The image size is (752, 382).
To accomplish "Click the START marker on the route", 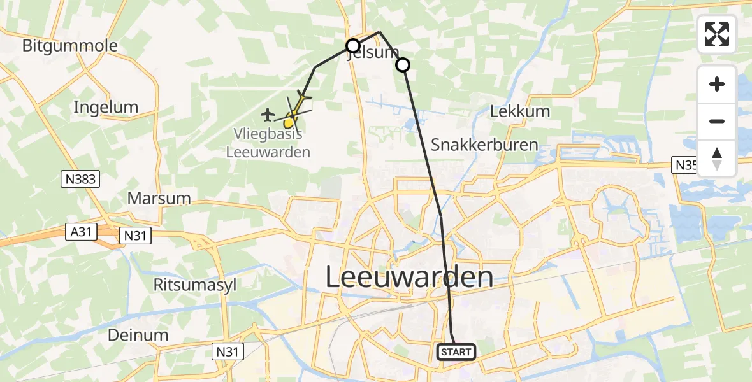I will (456, 351).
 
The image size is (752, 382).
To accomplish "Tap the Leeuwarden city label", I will (410, 277).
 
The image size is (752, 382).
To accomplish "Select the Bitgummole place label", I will (70, 46).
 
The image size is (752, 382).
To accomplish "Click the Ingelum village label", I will (106, 106).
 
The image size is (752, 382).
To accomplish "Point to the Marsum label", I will (159, 198).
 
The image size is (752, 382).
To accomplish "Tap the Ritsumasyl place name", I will (195, 284).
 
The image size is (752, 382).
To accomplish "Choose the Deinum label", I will (138, 335).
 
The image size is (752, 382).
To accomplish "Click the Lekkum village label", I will (520, 111).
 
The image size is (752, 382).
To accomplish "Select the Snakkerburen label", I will (484, 145).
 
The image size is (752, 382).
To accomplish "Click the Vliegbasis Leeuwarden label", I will (268, 143).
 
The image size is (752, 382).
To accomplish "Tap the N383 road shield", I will (81, 180).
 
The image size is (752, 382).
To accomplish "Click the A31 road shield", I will (81, 233).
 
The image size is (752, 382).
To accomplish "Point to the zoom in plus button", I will (717, 84).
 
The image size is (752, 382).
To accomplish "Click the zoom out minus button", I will (717, 121).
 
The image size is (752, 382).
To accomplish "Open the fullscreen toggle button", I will (717, 34).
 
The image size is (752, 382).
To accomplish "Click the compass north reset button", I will (717, 158).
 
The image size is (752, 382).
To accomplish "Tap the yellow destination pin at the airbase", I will (291, 120).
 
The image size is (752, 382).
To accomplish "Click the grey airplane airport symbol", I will (267, 115).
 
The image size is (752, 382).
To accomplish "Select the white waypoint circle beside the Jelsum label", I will (352, 45).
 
